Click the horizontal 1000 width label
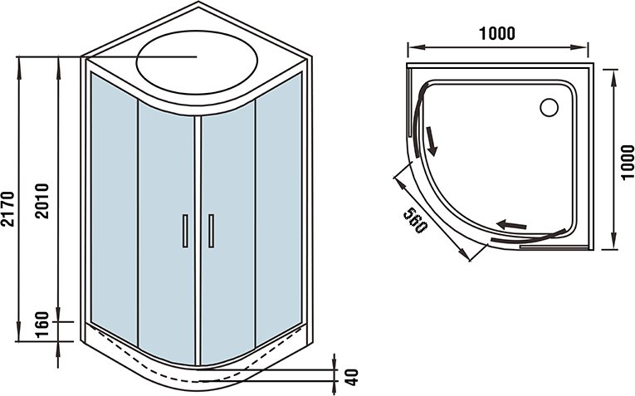point(497,33)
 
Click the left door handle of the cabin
point(185,230)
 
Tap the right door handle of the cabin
point(211,230)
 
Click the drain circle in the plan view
point(550,107)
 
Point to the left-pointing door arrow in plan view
point(511,224)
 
